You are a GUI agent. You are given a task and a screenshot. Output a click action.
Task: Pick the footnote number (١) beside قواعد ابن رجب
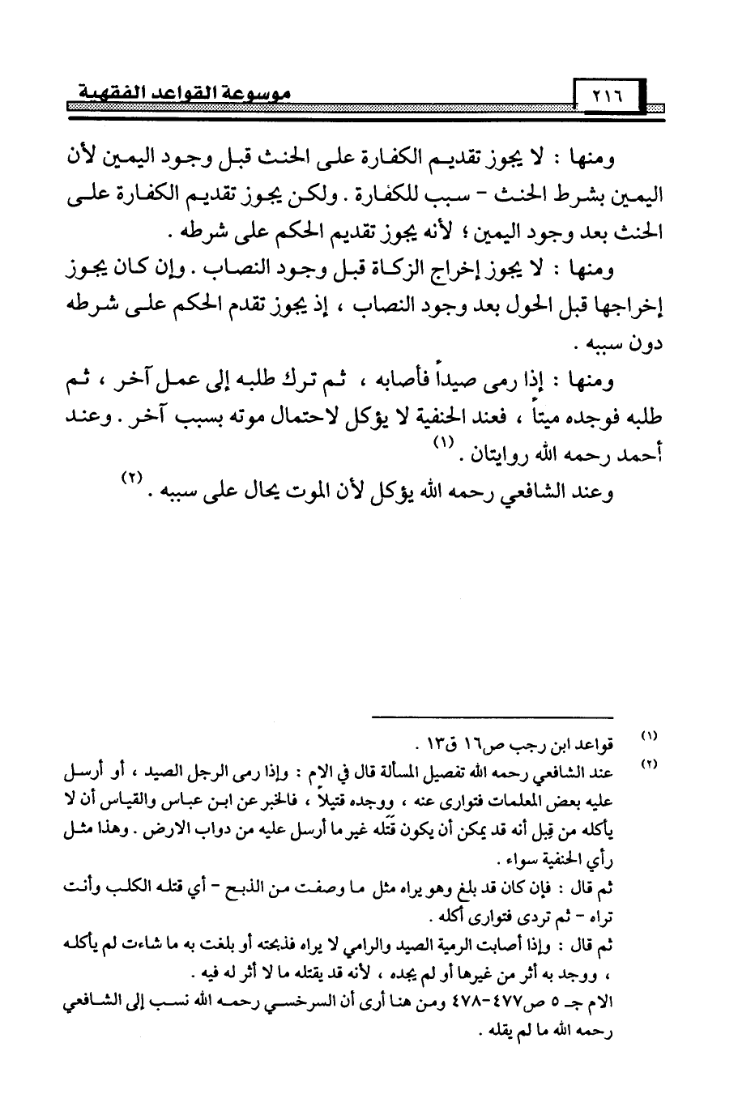pos(649,734)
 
